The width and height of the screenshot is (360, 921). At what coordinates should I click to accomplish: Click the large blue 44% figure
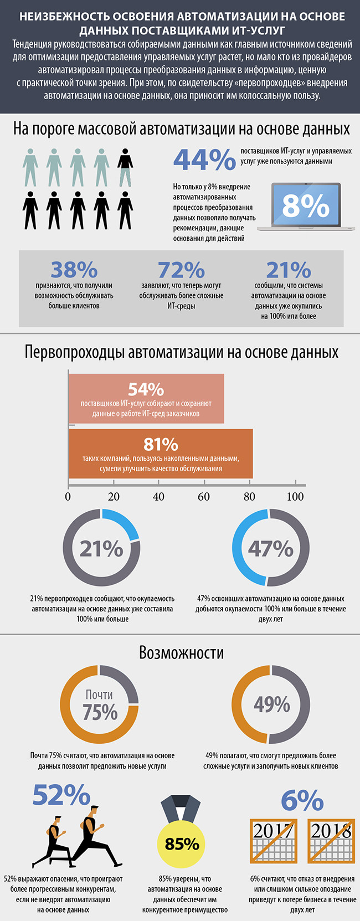tap(204, 159)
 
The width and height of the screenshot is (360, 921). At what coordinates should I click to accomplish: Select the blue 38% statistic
tap(74, 270)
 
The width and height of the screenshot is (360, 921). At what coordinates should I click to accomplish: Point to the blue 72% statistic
tap(181, 270)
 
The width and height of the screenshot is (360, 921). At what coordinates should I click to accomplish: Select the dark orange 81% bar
tap(161, 454)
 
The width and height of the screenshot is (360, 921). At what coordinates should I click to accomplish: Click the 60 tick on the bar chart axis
tap(204, 496)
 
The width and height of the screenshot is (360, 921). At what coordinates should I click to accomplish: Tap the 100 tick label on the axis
tap(295, 496)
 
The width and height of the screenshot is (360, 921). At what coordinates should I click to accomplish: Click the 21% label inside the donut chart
tap(101, 548)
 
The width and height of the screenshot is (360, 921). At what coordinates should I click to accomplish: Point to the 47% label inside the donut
tap(270, 548)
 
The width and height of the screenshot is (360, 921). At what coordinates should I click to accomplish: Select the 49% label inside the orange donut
tap(271, 704)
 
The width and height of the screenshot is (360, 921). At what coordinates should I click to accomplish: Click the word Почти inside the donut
tap(100, 694)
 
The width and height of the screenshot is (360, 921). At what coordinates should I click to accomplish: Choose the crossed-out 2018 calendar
tap(331, 841)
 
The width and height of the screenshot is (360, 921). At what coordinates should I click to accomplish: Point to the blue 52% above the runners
tap(61, 795)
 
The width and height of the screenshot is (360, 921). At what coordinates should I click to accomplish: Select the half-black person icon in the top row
tap(126, 167)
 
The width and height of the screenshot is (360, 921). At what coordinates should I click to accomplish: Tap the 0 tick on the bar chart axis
tap(68, 496)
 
